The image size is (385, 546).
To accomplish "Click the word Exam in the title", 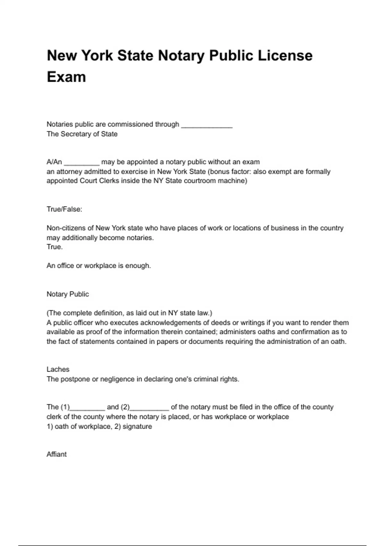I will (66, 77).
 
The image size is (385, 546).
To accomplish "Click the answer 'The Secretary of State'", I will (82, 134).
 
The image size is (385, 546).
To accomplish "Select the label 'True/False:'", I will (64, 209).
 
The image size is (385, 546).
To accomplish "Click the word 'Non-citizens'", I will (66, 228).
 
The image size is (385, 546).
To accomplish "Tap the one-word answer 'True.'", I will (55, 247).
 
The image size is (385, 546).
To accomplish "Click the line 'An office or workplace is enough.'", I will (99, 266).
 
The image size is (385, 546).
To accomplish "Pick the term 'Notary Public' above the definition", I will (68, 294).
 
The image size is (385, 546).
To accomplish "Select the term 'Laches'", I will (58, 369).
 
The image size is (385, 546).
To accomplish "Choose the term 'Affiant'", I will (57, 454).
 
